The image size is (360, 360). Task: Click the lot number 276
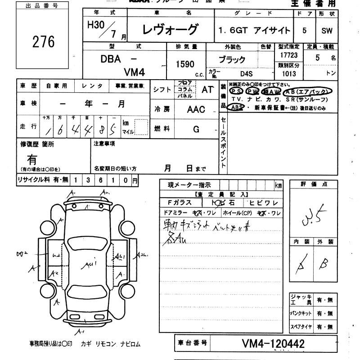(x=44, y=41)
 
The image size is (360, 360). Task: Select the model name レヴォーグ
(x=170, y=30)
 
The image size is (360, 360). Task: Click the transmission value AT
(x=207, y=89)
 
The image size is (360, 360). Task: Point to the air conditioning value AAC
(x=196, y=109)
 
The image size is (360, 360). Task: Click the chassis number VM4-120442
(x=273, y=344)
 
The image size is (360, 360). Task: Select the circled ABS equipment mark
(x=236, y=107)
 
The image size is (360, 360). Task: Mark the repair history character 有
(x=32, y=159)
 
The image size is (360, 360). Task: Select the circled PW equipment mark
(x=253, y=91)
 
